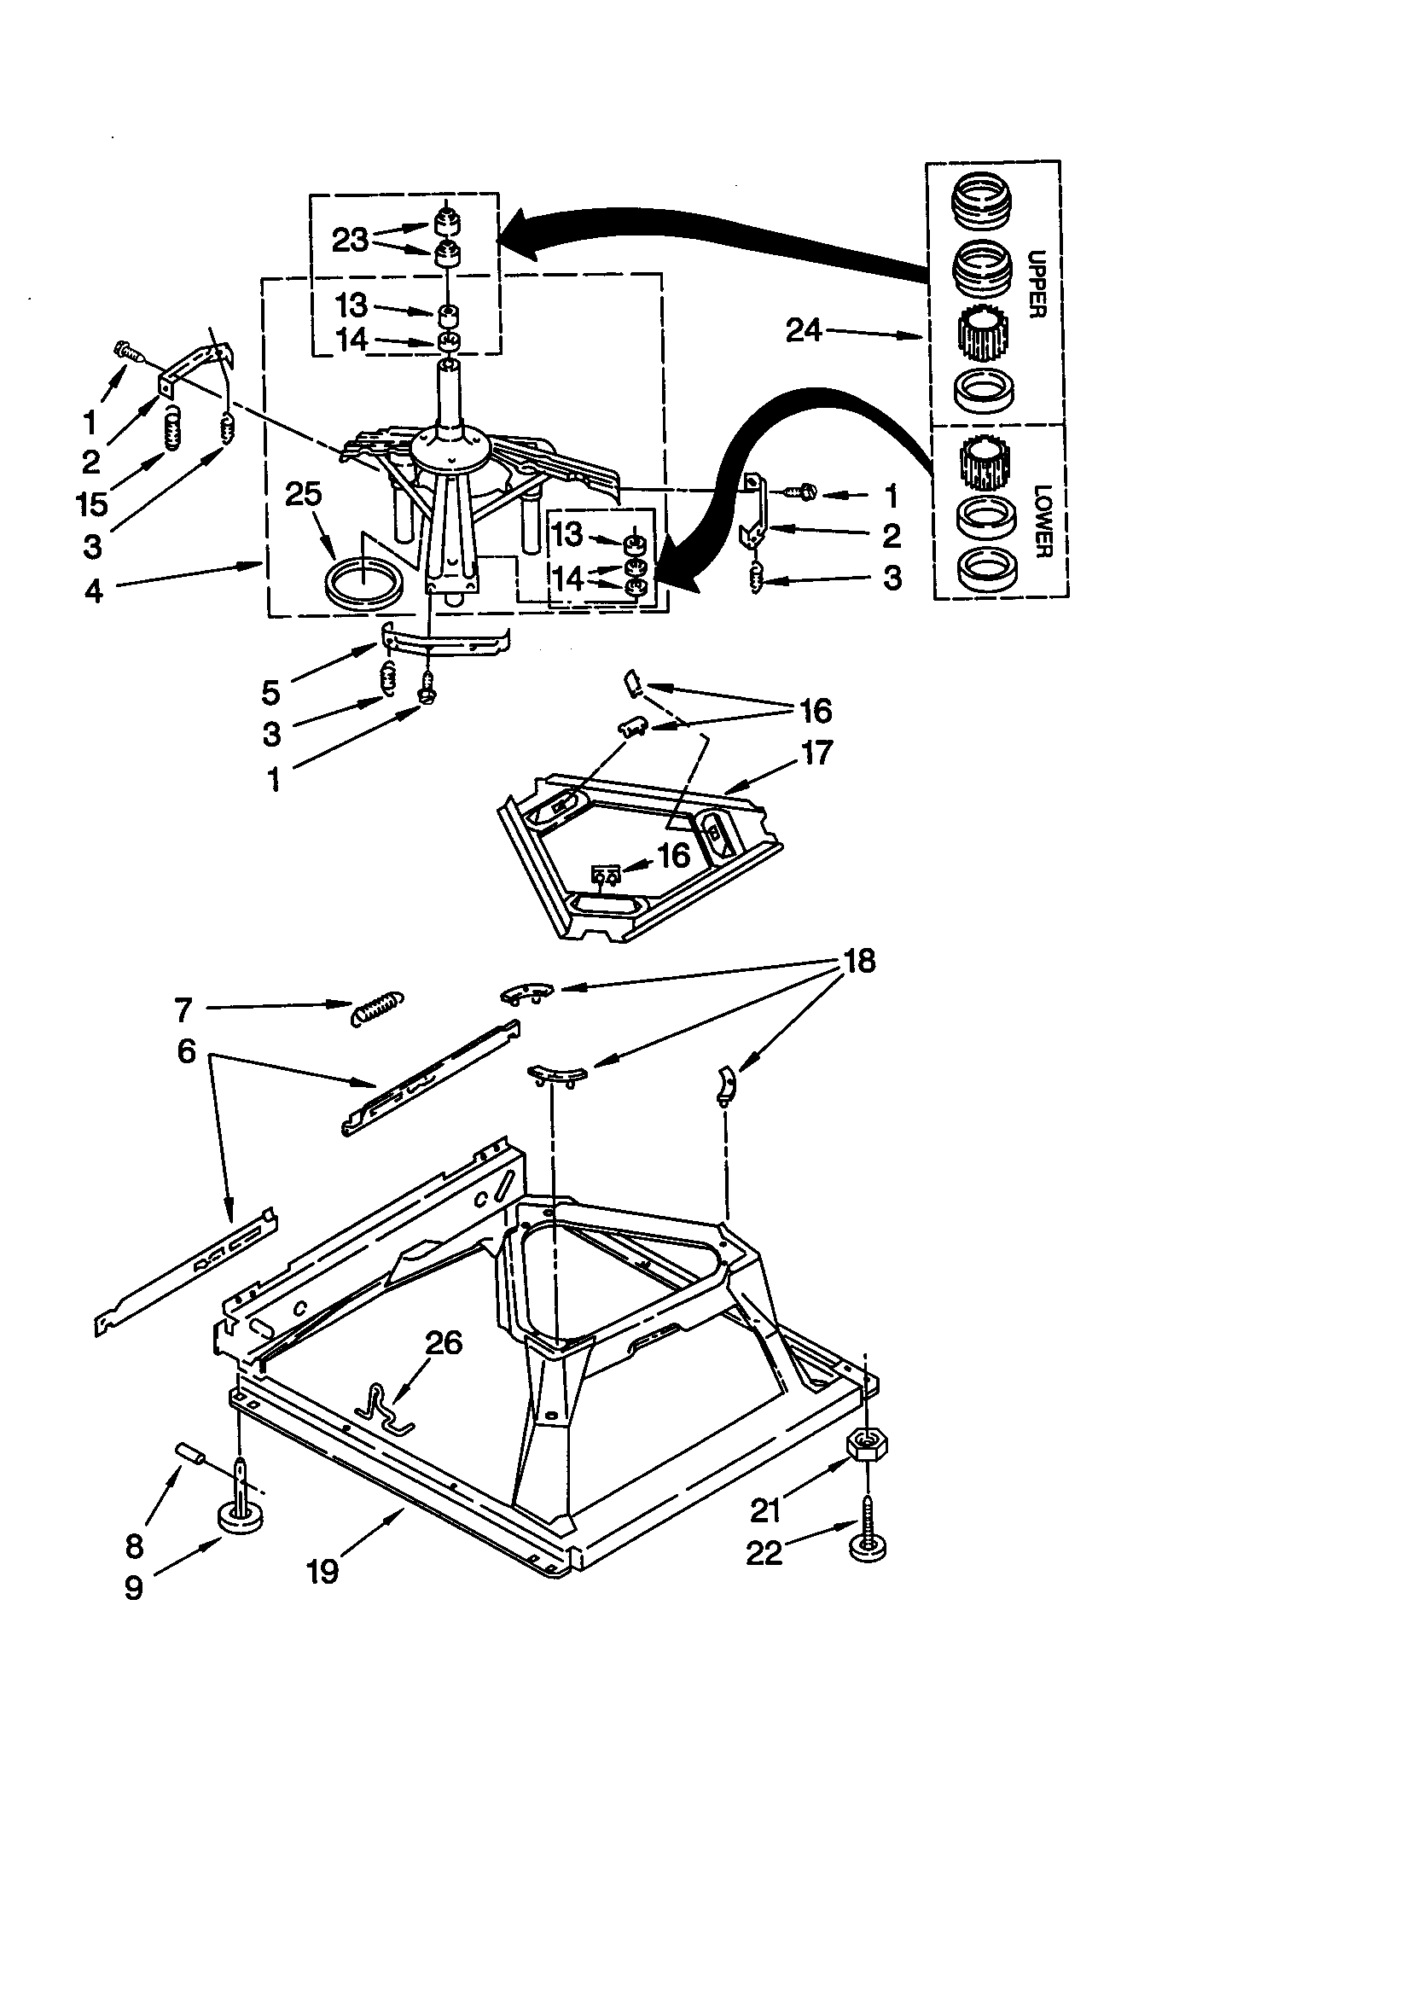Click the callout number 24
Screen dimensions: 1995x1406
(803, 330)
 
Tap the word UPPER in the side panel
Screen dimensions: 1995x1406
(1037, 284)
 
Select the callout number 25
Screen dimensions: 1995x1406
(303, 493)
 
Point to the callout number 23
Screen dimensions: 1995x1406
(350, 240)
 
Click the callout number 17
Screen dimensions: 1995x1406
(816, 753)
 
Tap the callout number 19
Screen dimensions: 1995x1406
(322, 1571)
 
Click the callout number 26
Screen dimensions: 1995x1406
(443, 1342)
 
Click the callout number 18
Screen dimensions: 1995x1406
(858, 961)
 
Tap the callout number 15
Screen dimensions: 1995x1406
(92, 504)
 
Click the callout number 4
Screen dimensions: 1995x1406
(94, 591)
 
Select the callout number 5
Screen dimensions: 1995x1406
(270, 693)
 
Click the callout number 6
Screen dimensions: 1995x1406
(187, 1052)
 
